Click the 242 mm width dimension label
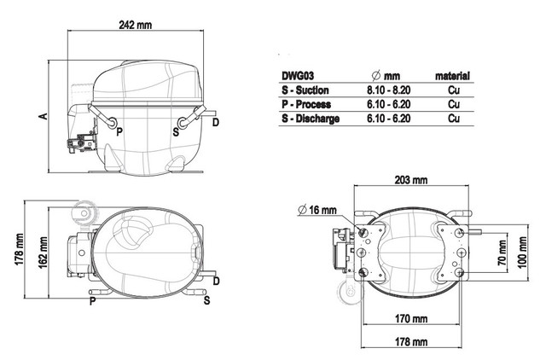(x=136, y=25)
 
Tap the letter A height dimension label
(x=44, y=116)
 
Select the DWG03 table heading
(x=298, y=76)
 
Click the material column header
(x=452, y=76)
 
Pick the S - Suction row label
(x=305, y=90)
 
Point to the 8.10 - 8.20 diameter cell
(x=389, y=90)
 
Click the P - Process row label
(x=306, y=104)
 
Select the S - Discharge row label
(x=311, y=119)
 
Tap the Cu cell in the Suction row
(x=454, y=90)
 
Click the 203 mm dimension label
(x=411, y=180)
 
